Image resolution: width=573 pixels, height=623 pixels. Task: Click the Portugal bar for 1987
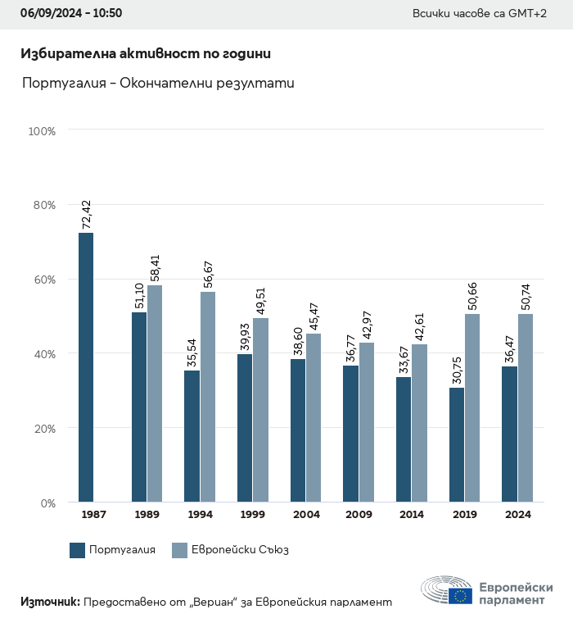86,367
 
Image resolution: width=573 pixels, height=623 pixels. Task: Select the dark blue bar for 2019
457,444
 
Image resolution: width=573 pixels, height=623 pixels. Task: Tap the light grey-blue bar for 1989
155,393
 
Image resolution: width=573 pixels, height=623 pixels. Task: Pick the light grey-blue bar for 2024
526,407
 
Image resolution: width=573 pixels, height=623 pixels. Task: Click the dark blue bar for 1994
192,436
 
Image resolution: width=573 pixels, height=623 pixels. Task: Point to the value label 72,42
87,214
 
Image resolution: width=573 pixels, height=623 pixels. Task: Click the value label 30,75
457,369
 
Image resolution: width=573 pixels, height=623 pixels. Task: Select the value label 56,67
208,273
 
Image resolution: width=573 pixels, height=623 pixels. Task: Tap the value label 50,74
526,295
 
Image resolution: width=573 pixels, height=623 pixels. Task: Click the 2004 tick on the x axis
305,515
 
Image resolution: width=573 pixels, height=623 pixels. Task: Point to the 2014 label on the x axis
412,515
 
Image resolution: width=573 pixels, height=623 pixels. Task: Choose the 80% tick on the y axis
42,205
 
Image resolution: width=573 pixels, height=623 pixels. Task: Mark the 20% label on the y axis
42,429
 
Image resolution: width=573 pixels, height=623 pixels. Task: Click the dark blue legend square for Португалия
78,550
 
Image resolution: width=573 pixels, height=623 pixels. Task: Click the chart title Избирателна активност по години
146,53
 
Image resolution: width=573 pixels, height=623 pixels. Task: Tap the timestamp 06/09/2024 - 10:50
71,14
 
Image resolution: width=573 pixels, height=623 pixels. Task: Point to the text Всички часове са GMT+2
480,15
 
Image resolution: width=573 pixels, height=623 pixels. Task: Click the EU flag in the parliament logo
460,596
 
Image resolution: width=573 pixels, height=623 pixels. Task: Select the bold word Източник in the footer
50,602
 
